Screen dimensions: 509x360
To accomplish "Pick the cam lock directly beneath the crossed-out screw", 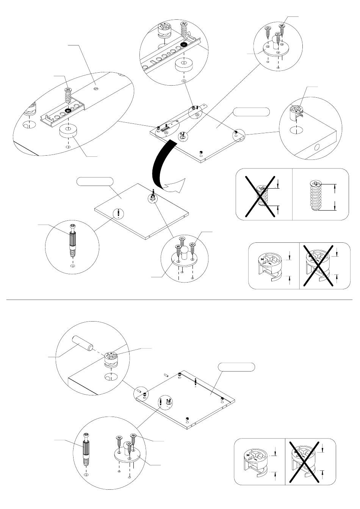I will point(269,266).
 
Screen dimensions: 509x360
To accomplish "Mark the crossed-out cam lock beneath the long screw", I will point(319,266).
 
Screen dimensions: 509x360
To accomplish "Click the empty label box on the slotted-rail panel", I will point(251,111).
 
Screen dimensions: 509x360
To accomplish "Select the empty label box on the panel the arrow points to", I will point(95,181).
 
